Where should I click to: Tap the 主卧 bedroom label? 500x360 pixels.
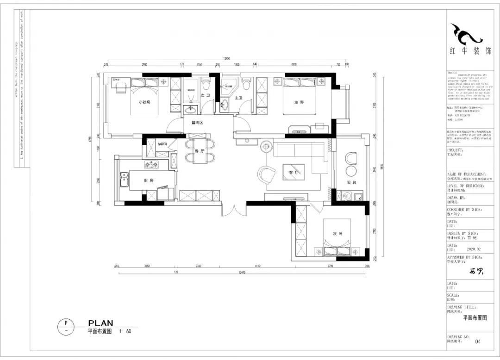pos(299,102)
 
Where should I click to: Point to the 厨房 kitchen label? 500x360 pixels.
pos(149,180)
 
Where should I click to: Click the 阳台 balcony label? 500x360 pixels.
pos(351,182)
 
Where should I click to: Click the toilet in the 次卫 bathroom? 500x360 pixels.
pos(206,84)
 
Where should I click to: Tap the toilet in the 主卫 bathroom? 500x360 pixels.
pos(246,84)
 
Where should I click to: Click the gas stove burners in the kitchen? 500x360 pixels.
pos(151,164)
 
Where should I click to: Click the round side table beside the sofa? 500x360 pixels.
pos(267,147)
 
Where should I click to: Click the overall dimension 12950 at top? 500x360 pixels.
pos(226,59)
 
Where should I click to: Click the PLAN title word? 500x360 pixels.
pos(100,323)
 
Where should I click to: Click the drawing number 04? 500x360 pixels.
pos(478,342)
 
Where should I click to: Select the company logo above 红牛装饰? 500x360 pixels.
pos(466,34)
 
